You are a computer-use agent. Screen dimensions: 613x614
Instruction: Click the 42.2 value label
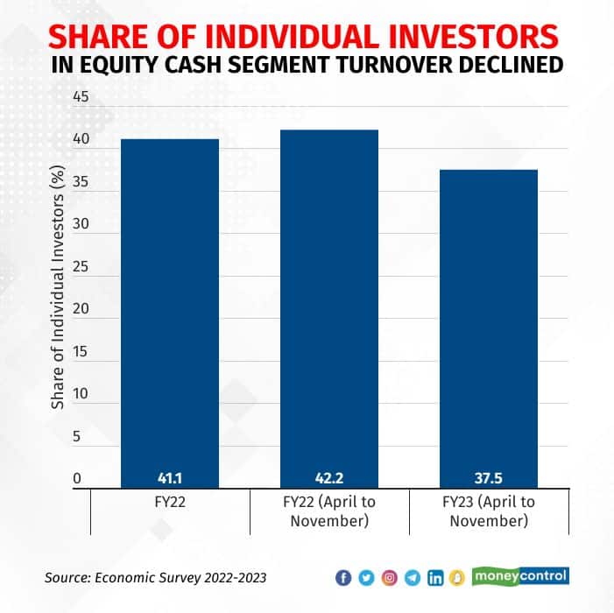tap(328, 479)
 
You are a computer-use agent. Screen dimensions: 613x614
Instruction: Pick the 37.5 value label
tap(488, 479)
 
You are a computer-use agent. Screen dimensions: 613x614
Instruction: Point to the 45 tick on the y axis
tap(81, 96)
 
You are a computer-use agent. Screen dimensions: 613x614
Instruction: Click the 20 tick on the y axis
tap(81, 309)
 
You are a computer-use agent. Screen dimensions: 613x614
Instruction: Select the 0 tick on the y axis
tap(76, 479)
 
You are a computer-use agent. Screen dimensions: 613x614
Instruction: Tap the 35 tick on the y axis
tap(81, 181)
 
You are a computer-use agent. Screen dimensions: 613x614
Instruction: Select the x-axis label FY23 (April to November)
tap(488, 511)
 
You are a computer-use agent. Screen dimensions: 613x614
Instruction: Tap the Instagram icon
tap(390, 578)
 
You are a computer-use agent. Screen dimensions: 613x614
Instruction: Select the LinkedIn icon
tap(435, 578)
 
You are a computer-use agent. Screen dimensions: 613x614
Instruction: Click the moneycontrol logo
tap(520, 577)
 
